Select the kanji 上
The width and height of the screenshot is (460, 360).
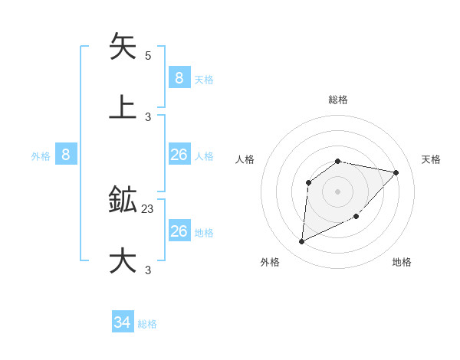click(x=123, y=106)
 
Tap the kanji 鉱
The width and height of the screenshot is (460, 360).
click(x=123, y=200)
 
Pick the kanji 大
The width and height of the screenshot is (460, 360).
click(x=123, y=260)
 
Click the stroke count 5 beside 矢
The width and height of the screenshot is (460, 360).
click(x=148, y=56)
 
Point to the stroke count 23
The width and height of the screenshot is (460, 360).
click(x=148, y=208)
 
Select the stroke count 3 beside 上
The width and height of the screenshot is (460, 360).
click(x=148, y=117)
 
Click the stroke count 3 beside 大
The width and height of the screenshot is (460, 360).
click(x=148, y=270)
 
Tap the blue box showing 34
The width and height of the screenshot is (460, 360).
click(x=123, y=323)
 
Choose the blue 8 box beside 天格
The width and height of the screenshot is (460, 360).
click(x=179, y=77)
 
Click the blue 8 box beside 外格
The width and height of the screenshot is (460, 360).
click(x=66, y=155)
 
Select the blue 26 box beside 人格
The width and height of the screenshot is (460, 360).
click(x=179, y=155)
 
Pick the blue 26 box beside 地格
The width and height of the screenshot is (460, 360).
click(x=179, y=231)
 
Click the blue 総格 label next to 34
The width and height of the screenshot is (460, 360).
click(x=147, y=324)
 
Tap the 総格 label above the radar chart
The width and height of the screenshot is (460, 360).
click(x=337, y=100)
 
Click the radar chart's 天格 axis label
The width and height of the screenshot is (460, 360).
click(x=432, y=159)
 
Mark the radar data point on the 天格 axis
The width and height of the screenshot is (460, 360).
click(x=396, y=172)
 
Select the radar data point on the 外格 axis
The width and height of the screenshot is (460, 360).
click(x=301, y=242)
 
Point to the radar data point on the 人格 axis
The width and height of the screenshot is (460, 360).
click(x=308, y=182)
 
